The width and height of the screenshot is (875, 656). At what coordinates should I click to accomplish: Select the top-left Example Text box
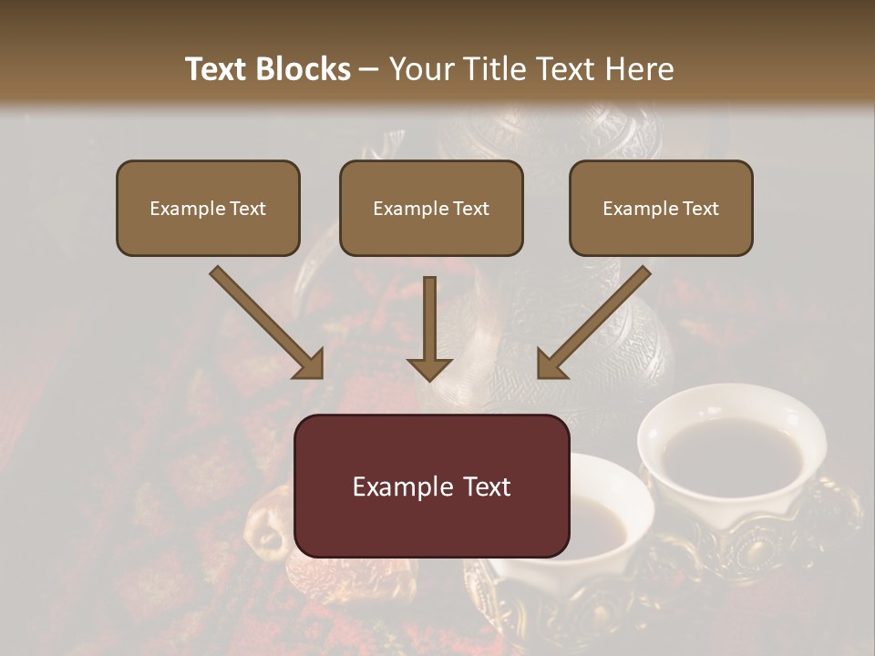(208, 208)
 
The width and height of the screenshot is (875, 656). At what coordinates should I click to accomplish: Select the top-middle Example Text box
(431, 208)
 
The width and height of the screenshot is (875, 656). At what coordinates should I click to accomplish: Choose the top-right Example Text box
(661, 208)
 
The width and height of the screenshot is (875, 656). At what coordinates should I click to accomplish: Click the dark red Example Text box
(431, 486)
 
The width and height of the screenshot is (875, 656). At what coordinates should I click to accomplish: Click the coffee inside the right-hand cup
(729, 450)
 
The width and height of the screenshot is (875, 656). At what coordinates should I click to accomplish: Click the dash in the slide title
(369, 69)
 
